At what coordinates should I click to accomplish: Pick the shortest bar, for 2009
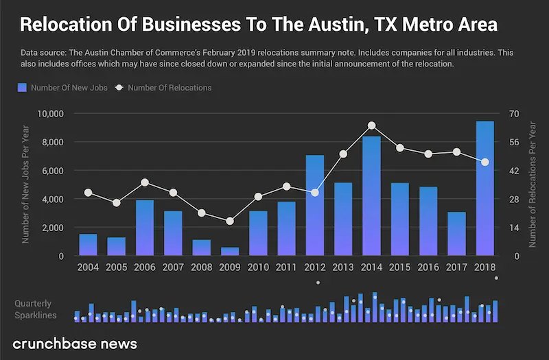tap(230, 252)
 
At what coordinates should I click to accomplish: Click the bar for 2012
tap(314, 206)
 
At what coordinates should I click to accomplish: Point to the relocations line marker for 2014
tap(371, 125)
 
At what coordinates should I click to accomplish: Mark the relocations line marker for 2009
tap(230, 221)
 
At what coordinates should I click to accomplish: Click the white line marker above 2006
tap(145, 182)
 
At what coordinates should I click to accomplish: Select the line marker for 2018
tap(484, 162)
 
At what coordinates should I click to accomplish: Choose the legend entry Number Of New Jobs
tap(62, 88)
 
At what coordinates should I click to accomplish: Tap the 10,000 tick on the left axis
tap(49, 113)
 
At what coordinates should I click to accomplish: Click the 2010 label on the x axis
tap(258, 267)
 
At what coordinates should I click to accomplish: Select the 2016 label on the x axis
tap(428, 267)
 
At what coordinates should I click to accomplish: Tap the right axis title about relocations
tap(533, 185)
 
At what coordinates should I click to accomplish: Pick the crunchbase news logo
tap(75, 344)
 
